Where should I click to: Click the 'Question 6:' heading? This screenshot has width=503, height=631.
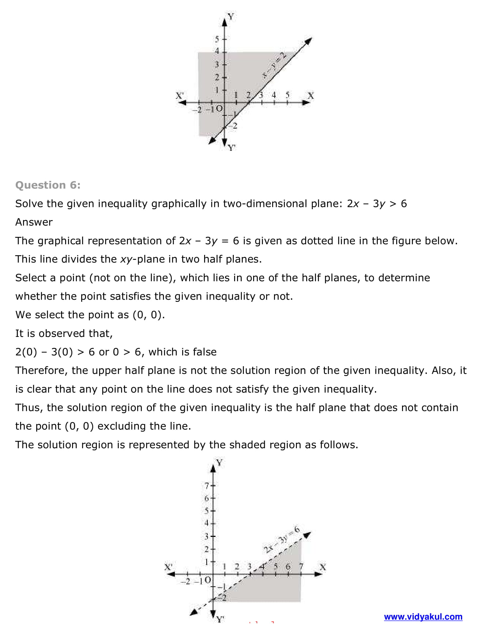tap(48, 185)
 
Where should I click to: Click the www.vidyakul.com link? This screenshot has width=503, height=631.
tap(423, 617)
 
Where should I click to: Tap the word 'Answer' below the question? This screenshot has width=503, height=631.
tap(34, 222)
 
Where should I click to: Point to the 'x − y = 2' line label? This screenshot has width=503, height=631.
tap(274, 65)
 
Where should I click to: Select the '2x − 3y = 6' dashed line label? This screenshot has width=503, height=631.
tap(282, 539)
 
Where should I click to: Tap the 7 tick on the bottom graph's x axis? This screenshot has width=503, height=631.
tap(301, 567)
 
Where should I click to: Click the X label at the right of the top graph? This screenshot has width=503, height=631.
tap(311, 96)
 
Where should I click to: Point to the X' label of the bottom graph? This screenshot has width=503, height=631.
tap(168, 567)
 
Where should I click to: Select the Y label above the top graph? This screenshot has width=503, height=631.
tap(231, 16)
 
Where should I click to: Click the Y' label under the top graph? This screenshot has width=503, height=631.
tap(232, 148)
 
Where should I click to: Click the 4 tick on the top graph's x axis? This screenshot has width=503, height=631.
tap(274, 95)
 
